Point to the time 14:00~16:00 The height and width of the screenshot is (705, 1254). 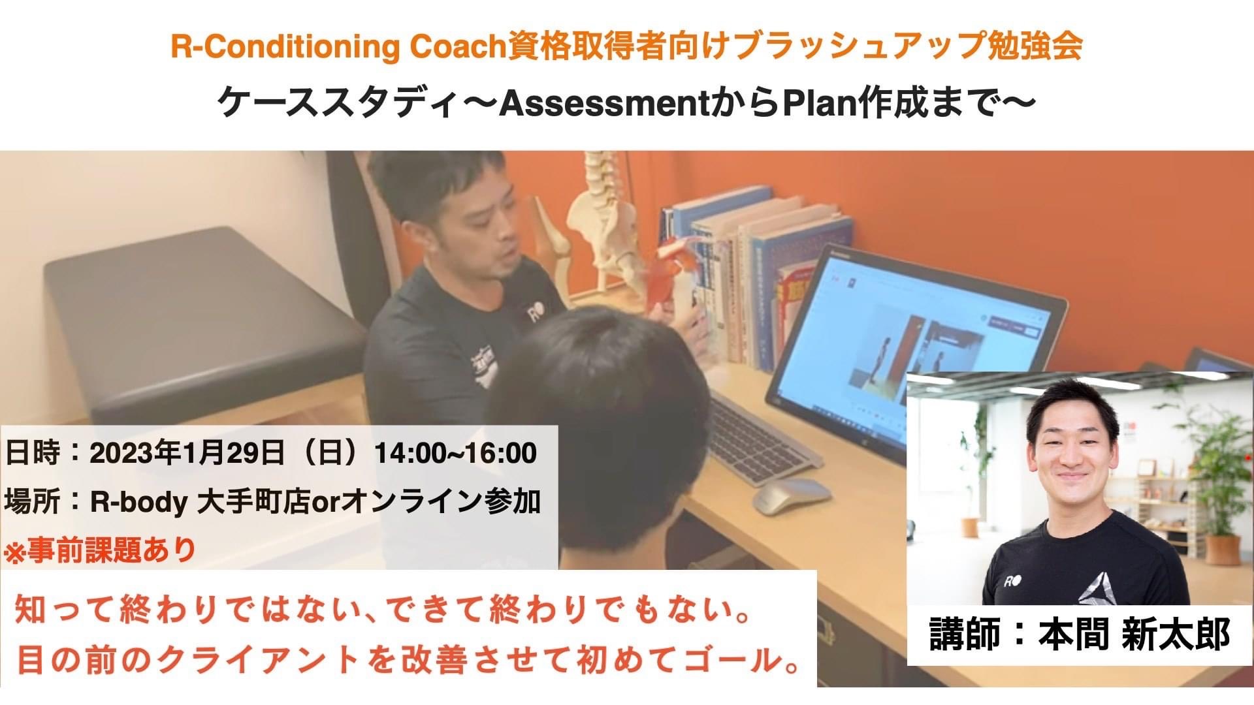tap(455, 453)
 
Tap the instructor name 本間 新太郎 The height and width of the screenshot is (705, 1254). tap(1134, 634)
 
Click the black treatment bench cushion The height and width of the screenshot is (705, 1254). tap(196, 313)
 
